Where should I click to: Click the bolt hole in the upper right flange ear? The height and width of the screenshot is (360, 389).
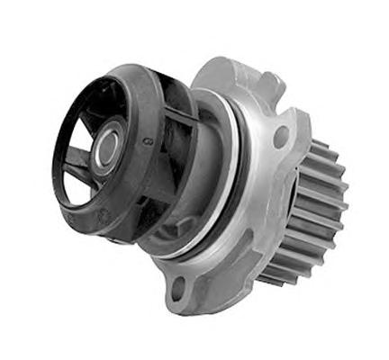282,137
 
